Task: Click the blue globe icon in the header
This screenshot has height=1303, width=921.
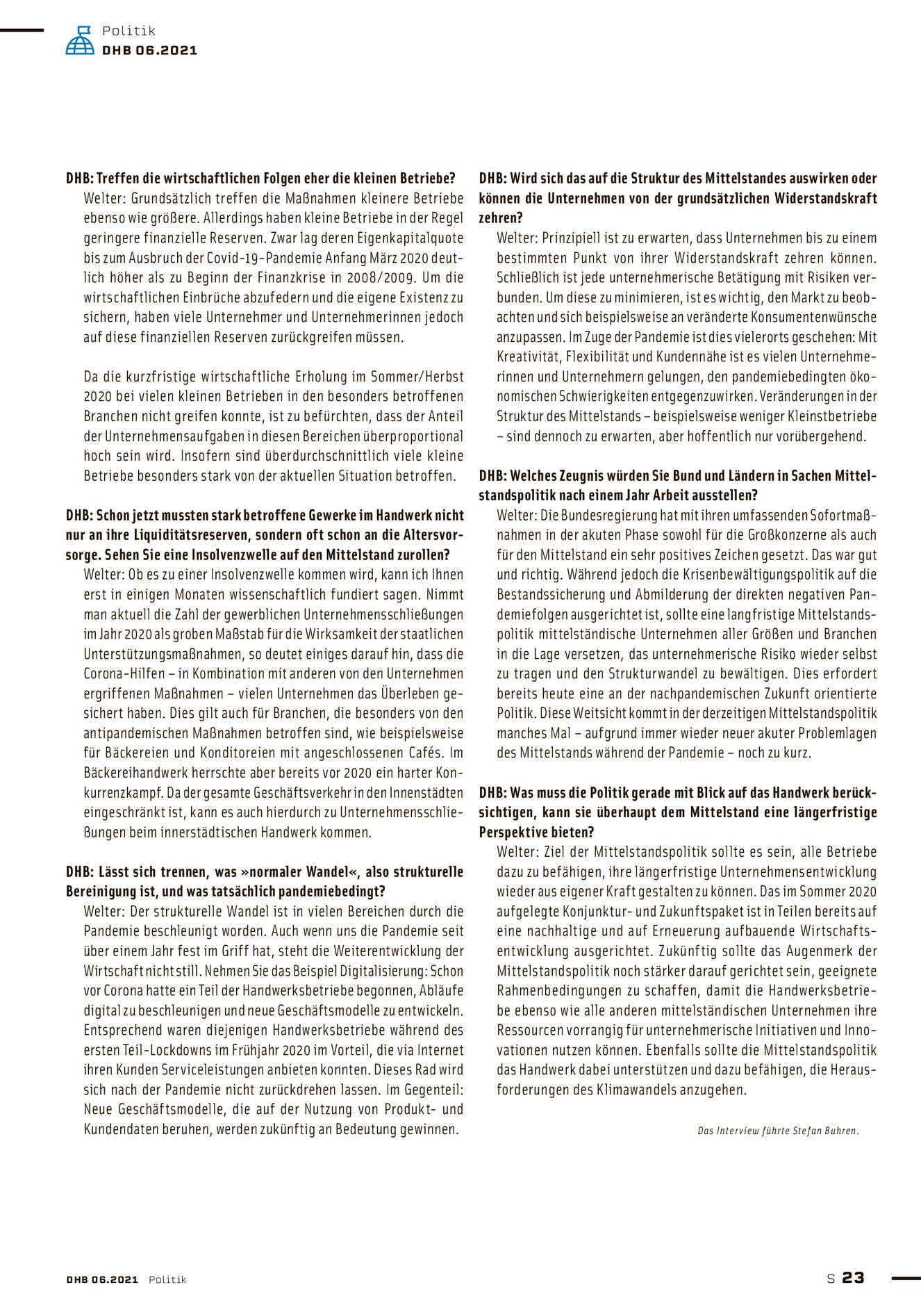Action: click(x=80, y=40)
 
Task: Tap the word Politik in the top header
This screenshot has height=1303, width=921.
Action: click(x=128, y=31)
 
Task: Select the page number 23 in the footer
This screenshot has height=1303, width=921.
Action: click(x=853, y=1277)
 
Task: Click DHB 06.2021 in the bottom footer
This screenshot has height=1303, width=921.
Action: click(x=102, y=1279)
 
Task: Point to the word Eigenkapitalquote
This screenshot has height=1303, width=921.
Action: click(x=407, y=238)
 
